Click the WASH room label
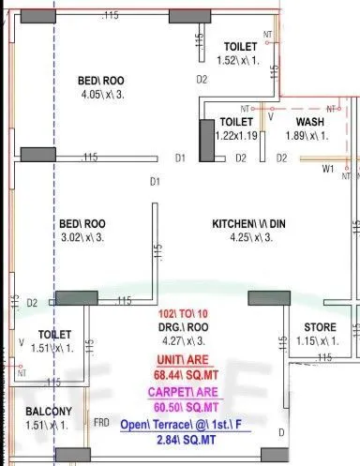[x=310, y=123]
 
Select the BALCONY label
[x=45, y=413]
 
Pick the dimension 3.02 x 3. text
[x=83, y=238]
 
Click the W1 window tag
[x=328, y=170]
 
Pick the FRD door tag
[x=101, y=423]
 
